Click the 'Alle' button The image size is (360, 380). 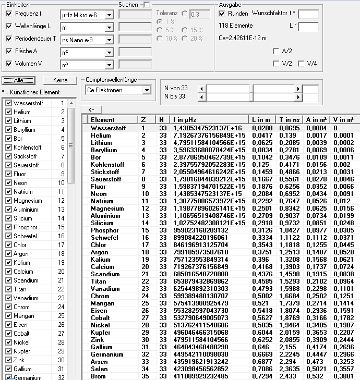tap(18, 80)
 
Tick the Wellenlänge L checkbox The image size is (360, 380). tap(8, 26)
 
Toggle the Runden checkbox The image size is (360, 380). tap(221, 13)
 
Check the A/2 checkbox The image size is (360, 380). tap(275, 51)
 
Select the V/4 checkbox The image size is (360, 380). tap(301, 64)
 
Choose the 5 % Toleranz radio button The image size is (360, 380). tap(160, 30)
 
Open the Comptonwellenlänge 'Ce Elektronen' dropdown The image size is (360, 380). tap(146, 90)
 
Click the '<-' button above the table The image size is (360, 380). tap(91, 109)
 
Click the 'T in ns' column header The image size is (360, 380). tap(290, 120)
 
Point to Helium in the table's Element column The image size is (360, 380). tap(101, 136)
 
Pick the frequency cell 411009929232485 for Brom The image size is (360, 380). tap(200, 376)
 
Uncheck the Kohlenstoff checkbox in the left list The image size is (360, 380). tap(8, 148)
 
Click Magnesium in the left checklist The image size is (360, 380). tap(28, 201)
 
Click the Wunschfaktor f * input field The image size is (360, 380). tap(308, 14)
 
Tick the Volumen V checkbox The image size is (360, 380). tap(8, 64)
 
